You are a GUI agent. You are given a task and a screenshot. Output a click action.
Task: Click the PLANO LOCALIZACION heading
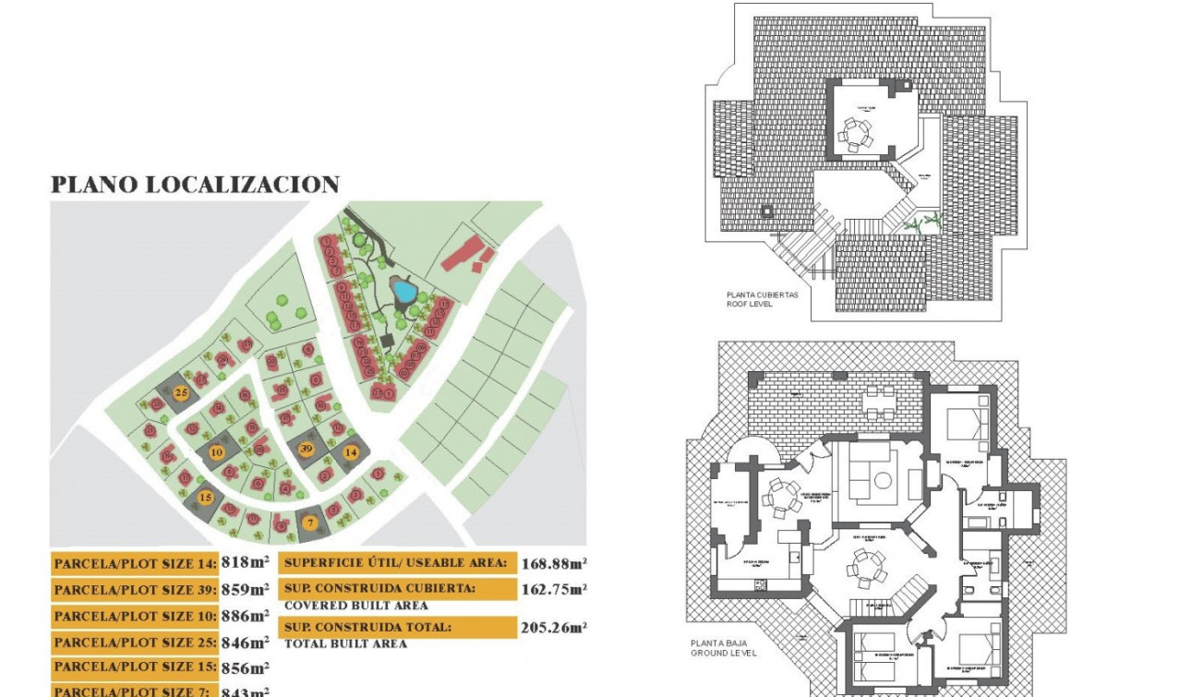[x=195, y=185]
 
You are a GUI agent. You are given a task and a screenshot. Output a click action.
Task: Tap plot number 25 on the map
[x=182, y=393]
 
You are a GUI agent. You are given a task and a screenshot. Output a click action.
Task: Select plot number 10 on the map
[x=216, y=452]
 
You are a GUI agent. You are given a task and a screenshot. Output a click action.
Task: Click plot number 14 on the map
[x=351, y=452]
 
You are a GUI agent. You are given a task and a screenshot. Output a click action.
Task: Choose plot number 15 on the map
[x=206, y=498]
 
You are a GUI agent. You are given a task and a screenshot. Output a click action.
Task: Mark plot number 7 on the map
[x=310, y=523]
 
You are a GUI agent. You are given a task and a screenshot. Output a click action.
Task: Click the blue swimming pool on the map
[x=403, y=292]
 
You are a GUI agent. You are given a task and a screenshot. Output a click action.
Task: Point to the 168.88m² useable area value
[x=554, y=563]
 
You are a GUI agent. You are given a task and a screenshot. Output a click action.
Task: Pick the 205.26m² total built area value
[x=554, y=628]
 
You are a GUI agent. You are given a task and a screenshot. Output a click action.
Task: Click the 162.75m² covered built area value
[x=554, y=589]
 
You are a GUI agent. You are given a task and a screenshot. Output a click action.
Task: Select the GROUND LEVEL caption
[x=723, y=653]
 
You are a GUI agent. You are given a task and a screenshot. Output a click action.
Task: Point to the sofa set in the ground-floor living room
[x=870, y=473]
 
